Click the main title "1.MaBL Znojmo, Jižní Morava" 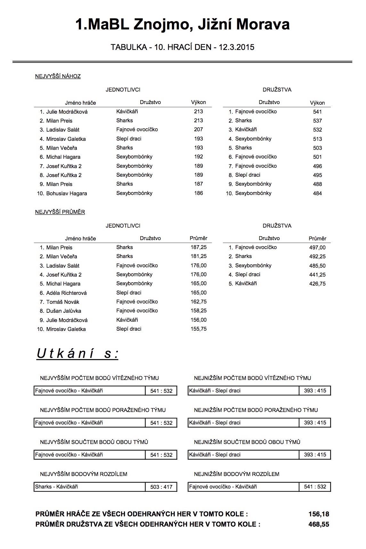pos(183,24)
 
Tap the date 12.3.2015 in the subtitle pos(236,47)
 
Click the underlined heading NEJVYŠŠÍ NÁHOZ pos(58,76)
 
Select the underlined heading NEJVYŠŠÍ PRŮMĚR pos(60,212)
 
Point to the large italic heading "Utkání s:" pos(77,354)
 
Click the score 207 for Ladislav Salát pos(199,130)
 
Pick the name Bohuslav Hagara pos(67,193)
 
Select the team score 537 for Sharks pos(317,121)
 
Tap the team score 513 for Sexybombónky pos(317,139)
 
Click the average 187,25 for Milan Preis pos(199,247)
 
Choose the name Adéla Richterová pos(66,293)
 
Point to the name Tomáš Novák pos(63,302)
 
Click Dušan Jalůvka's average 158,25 pos(199,311)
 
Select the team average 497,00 pos(317,247)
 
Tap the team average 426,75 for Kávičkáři pos(317,284)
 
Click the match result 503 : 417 pos(161,487)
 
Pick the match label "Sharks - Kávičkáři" pos(57,487)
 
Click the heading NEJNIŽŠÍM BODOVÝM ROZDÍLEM pos(237,474)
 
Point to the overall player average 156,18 pos(319,514)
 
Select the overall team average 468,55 pos(319,524)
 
